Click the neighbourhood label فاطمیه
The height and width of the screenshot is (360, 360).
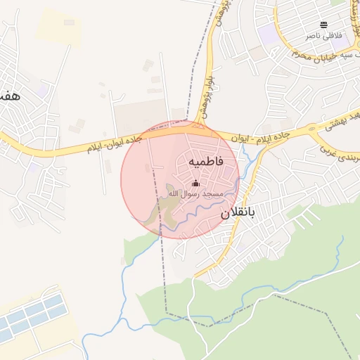(x=205, y=161)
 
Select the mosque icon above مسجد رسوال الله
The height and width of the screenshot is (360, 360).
(x=195, y=184)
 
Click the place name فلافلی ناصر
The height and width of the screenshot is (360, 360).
(x=323, y=34)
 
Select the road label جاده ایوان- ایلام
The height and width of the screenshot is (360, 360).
(x=115, y=144)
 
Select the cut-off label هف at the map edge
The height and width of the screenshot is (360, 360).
(x=8, y=96)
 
